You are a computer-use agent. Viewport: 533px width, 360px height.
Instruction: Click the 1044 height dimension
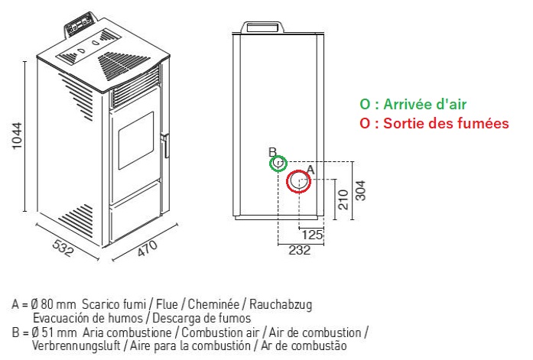pos(17,136)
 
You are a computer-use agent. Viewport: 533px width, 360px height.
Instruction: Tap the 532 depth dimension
pos(63,248)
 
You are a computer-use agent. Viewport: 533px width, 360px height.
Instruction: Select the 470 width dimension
pos(147,248)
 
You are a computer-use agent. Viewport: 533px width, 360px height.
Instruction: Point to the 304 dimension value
pos(360,190)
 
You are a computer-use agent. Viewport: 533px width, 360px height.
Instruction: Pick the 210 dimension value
pos(343,199)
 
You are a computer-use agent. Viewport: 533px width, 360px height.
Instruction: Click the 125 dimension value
pos(312,235)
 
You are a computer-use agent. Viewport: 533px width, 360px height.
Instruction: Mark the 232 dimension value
pos(300,250)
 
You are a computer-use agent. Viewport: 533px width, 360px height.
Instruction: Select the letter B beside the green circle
pos(273,152)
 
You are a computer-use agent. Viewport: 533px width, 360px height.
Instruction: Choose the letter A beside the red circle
pos(310,170)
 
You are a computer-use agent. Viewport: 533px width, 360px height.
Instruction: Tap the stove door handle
pos(165,145)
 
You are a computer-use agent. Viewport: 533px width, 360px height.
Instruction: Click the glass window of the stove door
pos(136,141)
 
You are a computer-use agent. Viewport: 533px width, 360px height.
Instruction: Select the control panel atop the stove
pos(80,24)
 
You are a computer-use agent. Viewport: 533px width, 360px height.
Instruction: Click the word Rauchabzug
pos(281,305)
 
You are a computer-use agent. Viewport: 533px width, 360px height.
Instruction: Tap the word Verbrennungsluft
pos(76,346)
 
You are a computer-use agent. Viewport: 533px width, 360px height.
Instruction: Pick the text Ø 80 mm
pos(54,304)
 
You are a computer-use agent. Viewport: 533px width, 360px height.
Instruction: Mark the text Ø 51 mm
pos(54,332)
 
